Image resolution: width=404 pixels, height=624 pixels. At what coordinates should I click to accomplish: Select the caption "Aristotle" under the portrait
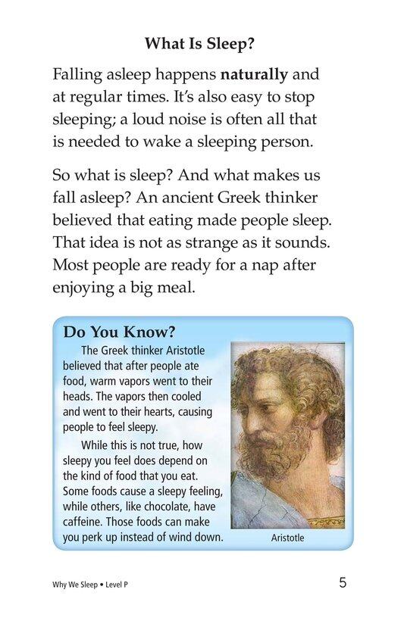tap(287, 538)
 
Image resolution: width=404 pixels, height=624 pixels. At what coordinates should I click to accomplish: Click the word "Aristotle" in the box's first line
tap(182, 351)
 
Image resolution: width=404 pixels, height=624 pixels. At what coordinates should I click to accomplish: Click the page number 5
tap(343, 583)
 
